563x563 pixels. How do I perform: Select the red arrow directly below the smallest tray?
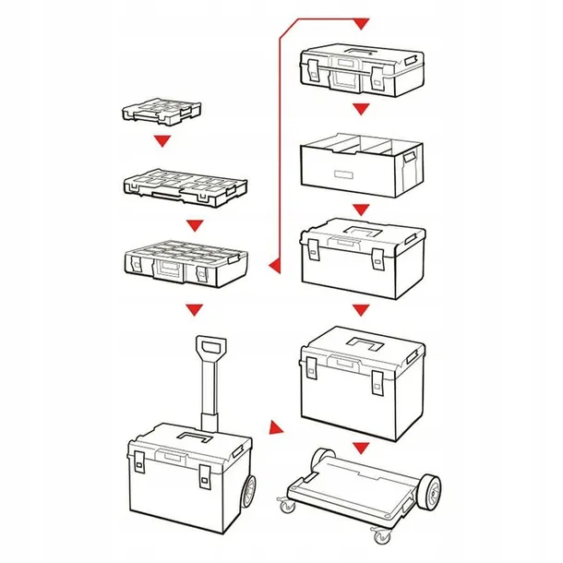click(x=162, y=141)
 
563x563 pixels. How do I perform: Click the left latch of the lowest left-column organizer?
click(x=136, y=268)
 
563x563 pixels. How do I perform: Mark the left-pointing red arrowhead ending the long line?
click(x=274, y=268)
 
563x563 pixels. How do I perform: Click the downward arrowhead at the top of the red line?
click(x=361, y=20)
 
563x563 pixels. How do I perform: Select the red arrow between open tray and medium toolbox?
click(x=361, y=209)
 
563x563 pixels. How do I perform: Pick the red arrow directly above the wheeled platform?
click(x=361, y=448)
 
